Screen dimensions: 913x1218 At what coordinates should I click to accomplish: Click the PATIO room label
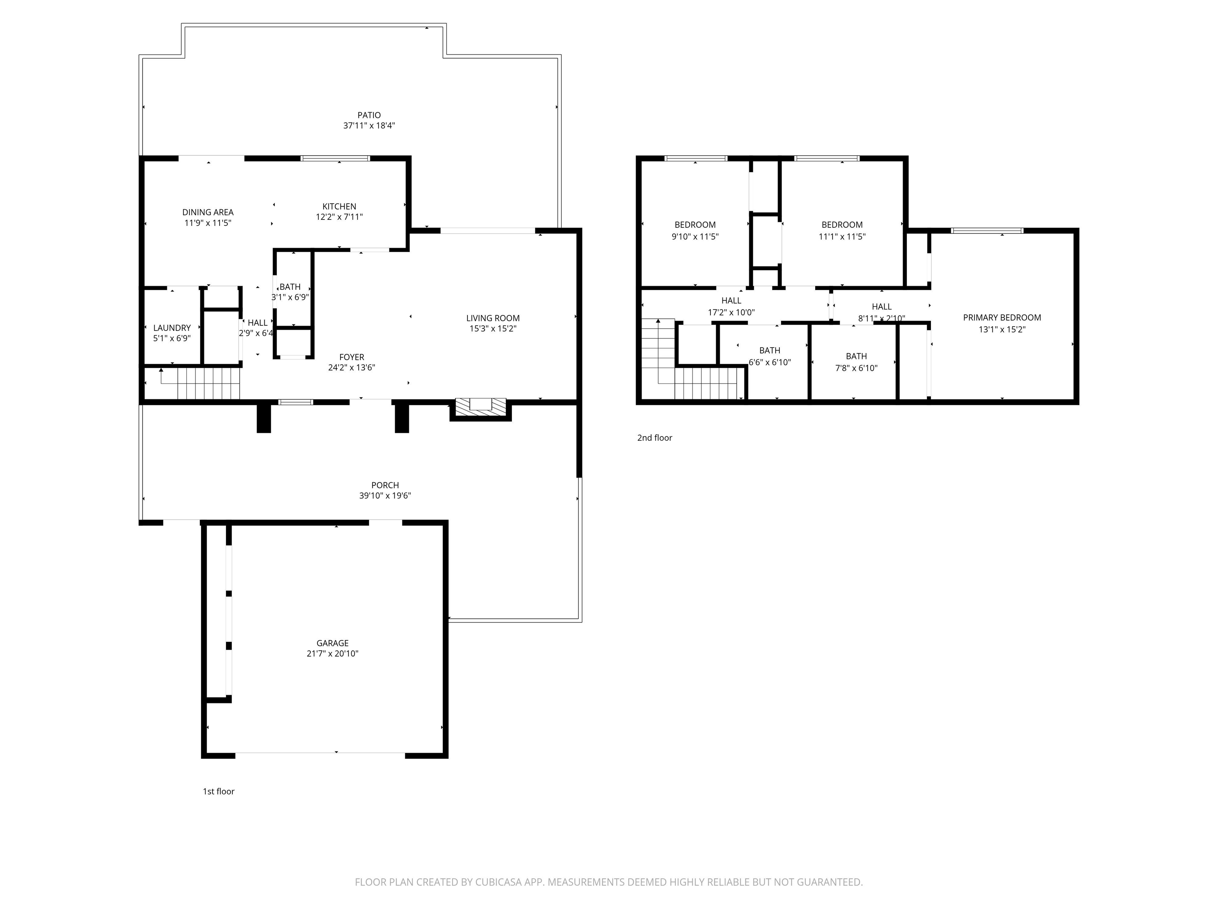pos(369,115)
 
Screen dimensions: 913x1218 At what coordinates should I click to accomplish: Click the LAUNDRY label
pos(172,328)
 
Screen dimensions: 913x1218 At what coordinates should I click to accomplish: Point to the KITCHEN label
pos(339,206)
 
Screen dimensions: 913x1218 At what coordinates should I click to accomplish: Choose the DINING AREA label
pos(208,212)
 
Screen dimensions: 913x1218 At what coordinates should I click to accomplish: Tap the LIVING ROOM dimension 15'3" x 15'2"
pos(492,329)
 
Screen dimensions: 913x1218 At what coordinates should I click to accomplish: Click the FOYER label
pos(351,357)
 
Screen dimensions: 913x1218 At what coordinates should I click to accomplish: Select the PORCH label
pos(385,485)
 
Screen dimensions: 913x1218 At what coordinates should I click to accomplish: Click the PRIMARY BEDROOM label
pos(1002,317)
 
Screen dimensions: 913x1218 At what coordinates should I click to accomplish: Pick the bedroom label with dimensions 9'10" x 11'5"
pos(695,225)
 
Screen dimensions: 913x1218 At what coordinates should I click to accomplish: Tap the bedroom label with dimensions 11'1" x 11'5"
pos(842,225)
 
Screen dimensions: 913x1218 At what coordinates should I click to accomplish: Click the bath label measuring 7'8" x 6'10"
pos(856,356)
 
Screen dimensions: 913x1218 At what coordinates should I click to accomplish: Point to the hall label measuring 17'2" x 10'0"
pos(731,300)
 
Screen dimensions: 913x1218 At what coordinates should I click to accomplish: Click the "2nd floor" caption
pos(655,437)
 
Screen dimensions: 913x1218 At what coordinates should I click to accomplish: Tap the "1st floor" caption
pos(218,791)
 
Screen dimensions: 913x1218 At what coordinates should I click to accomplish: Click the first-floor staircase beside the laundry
pos(208,384)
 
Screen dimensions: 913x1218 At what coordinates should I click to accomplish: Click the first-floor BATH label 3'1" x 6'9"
pos(290,287)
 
